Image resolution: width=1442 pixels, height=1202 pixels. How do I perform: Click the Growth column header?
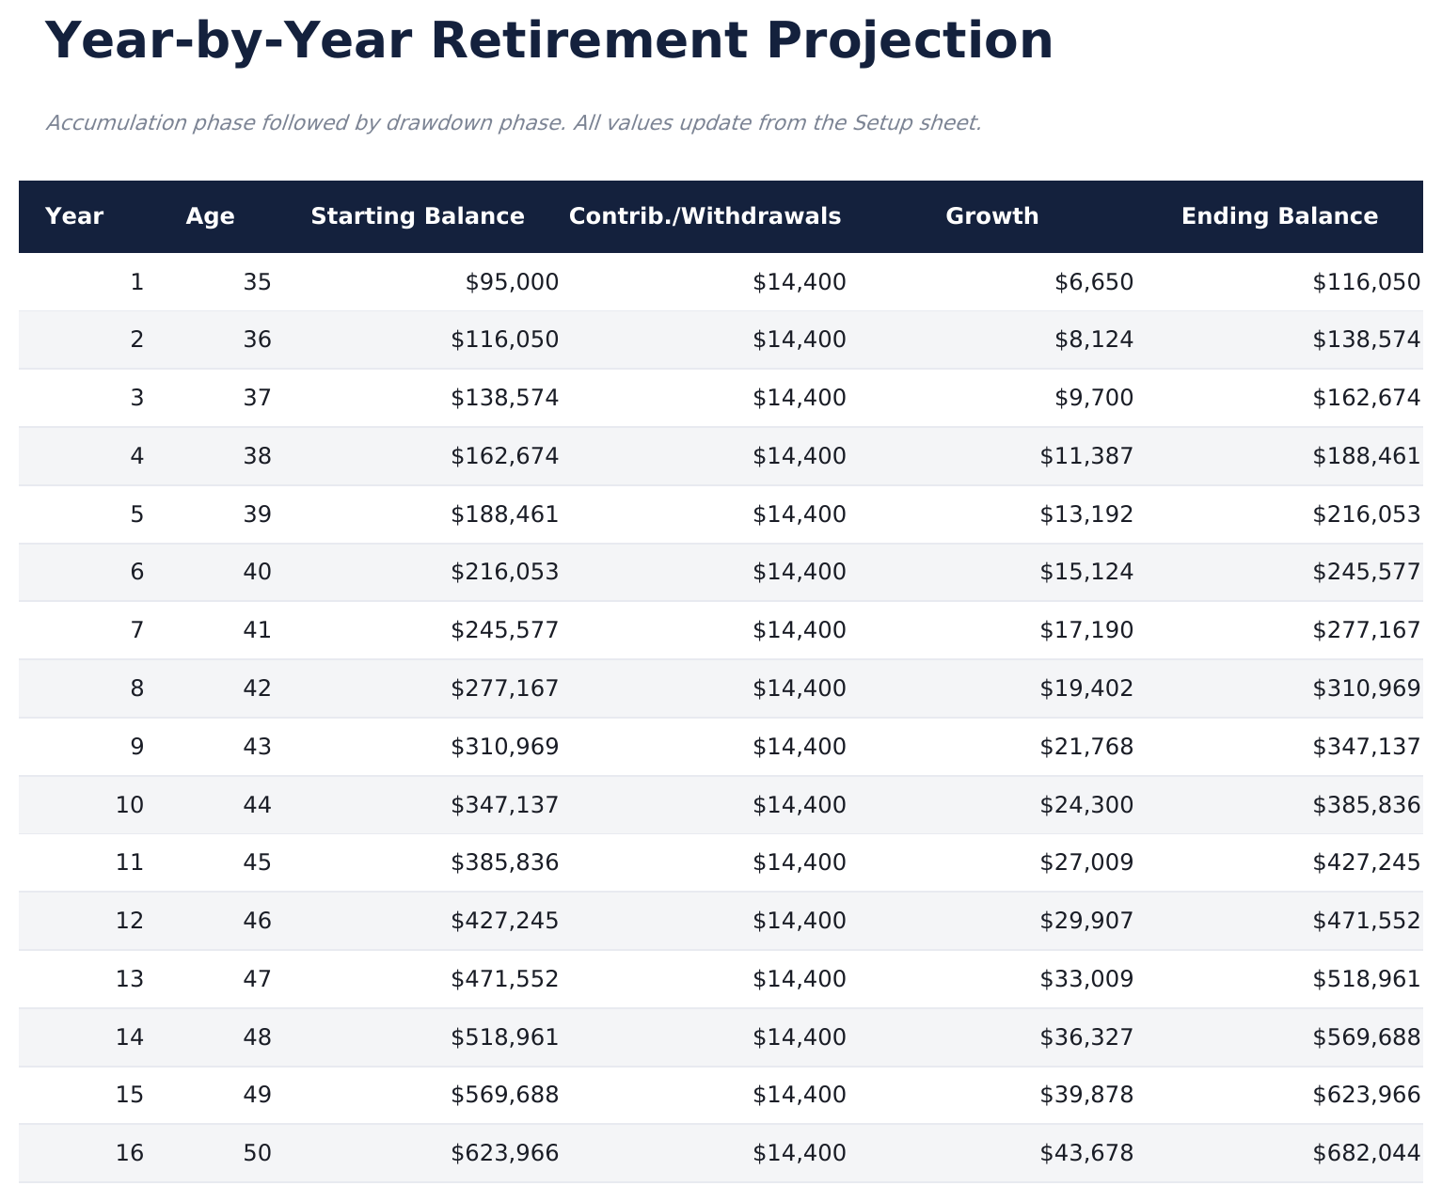point(991,216)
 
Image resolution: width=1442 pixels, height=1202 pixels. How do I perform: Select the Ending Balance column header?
point(1279,216)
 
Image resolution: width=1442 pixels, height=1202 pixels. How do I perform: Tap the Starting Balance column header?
point(418,216)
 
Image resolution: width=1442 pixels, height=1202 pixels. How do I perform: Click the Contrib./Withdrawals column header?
point(705,216)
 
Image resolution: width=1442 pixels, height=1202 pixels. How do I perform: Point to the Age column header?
point(210,216)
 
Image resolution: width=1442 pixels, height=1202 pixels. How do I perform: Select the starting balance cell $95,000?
point(512,282)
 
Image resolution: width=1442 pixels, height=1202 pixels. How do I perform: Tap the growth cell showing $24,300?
point(1086,805)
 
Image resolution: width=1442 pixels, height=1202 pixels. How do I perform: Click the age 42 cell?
point(257,688)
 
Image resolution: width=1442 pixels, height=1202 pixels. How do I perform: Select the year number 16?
point(130,1153)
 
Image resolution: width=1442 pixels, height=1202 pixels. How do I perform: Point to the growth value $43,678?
point(1086,1153)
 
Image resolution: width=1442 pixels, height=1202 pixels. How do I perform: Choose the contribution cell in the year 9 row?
point(800,747)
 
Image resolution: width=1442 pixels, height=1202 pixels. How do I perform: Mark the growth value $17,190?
point(1086,630)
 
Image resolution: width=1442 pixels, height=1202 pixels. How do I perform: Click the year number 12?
point(130,921)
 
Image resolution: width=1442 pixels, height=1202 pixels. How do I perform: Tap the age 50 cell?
point(257,1153)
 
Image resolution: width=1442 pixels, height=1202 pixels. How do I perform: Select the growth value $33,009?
point(1086,979)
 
